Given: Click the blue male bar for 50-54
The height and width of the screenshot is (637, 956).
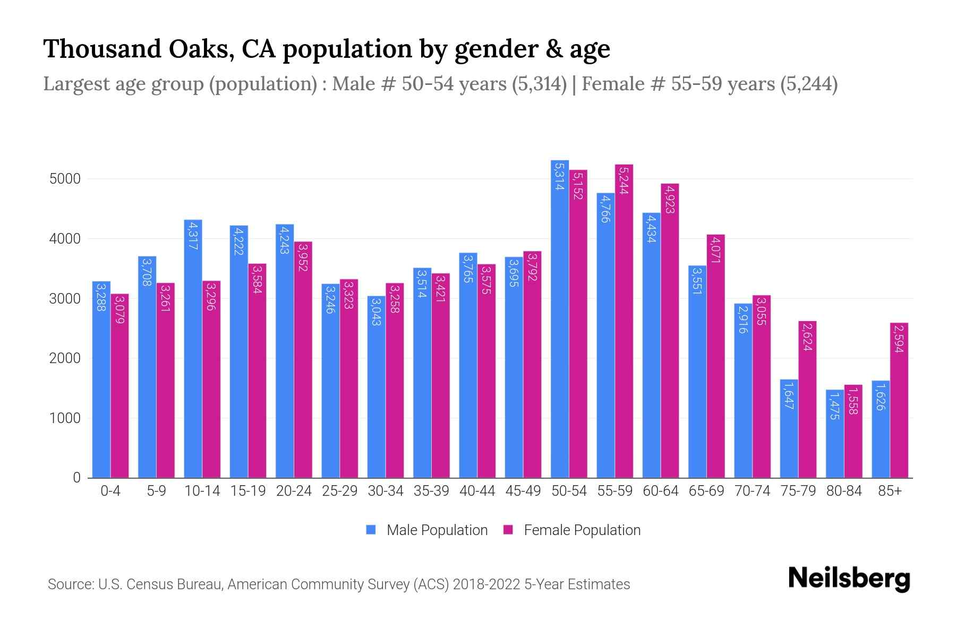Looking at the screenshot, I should coord(560,318).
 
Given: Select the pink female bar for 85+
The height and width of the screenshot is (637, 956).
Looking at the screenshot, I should coord(899,400).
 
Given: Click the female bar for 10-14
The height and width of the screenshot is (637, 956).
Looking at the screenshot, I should coord(211,379).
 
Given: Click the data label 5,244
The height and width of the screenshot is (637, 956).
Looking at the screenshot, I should coord(624,180).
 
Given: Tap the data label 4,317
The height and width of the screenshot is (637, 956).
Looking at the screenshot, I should coord(193,236).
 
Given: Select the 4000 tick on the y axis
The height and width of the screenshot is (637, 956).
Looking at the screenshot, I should coord(65,239).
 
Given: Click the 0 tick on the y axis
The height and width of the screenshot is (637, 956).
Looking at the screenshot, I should coord(77,478).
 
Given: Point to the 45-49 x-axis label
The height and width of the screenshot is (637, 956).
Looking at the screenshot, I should coord(523,491).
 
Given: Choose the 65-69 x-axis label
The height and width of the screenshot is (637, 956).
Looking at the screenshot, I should coord(706,491).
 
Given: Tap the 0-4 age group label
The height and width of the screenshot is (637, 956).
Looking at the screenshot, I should coord(110,491).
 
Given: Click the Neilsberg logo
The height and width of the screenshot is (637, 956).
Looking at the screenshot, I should coord(849,579).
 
